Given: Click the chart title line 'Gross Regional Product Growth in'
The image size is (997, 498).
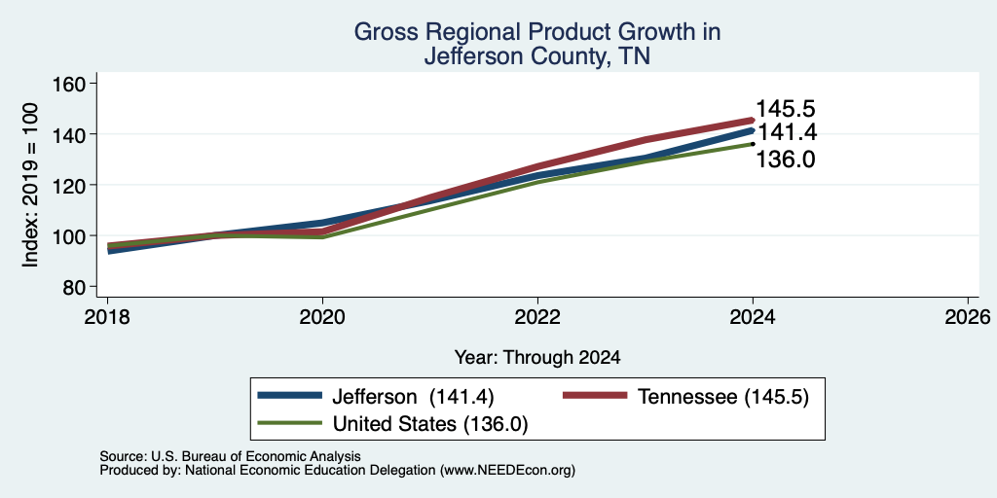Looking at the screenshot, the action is (537, 32).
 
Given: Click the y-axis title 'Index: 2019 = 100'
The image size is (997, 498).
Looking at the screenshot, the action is (30, 185).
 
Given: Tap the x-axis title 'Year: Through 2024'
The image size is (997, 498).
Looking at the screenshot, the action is (537, 358).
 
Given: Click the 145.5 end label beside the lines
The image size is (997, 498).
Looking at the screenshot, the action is (786, 109).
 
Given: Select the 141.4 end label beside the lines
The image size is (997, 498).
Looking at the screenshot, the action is (787, 132).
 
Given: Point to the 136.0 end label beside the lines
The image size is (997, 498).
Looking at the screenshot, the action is (786, 160).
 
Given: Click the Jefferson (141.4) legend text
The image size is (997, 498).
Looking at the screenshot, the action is (413, 397).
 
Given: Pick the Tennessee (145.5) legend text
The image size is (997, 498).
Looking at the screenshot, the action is (723, 397).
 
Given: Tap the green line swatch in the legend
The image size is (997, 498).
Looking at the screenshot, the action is (289, 422).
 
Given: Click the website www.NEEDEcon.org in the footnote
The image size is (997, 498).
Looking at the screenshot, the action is (506, 471).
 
